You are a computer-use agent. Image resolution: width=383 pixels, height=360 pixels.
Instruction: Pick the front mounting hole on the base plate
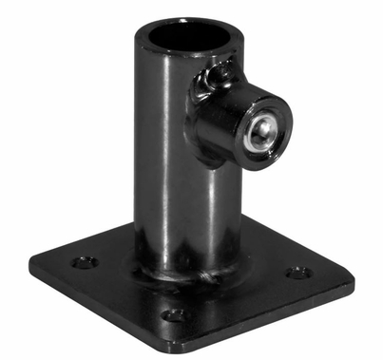[171, 313]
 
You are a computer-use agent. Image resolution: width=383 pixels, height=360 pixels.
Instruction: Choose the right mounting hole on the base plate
[297, 272]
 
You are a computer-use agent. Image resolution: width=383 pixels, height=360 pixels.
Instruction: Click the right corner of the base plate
[353, 279]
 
